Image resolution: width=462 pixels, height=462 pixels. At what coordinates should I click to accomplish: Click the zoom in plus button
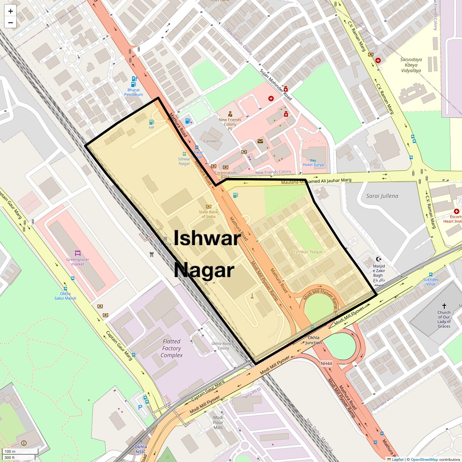tap(10, 11)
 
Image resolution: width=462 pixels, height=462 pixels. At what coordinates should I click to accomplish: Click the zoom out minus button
tap(10, 23)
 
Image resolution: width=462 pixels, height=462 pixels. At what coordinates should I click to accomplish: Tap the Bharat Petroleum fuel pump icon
tap(134, 81)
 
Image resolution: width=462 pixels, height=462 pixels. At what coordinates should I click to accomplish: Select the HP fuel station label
tap(151, 127)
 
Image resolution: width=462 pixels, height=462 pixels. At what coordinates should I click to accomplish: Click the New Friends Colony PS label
tap(230, 122)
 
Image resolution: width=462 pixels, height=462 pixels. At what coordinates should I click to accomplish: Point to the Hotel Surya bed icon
tap(313, 160)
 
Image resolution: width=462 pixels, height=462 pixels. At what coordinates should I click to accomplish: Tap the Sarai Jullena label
tap(382, 196)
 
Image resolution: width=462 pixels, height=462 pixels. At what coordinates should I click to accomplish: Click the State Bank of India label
tap(208, 214)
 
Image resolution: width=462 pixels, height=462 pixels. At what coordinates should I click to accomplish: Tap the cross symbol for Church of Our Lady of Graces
tap(444, 306)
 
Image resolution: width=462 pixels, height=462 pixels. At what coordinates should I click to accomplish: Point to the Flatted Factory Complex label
tap(171, 348)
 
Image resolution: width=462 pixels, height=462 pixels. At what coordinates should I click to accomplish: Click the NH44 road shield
tap(326, 363)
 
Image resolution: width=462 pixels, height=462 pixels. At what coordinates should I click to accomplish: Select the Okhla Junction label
tap(313, 340)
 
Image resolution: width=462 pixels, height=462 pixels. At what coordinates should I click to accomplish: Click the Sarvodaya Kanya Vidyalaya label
tap(411, 65)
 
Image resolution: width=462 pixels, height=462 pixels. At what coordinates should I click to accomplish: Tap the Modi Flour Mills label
tap(218, 422)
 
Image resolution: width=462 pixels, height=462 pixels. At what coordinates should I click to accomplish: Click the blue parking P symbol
tap(140, 407)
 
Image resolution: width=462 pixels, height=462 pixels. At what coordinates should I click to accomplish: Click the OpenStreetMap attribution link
tap(424, 459)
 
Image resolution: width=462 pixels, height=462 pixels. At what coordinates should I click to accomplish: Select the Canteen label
tap(211, 141)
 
